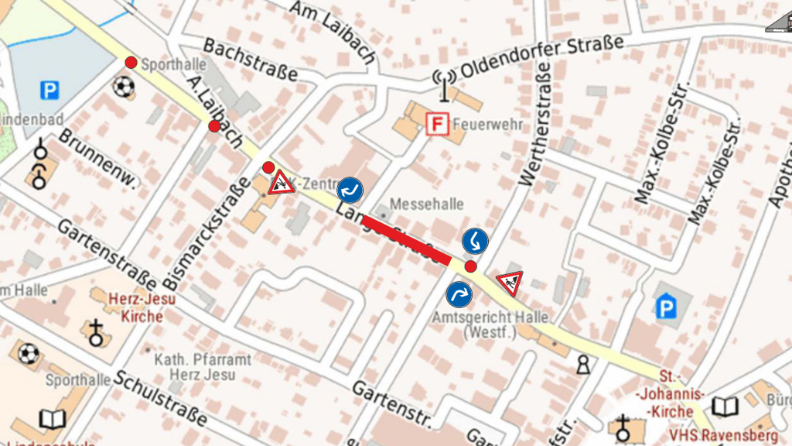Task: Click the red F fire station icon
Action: tap(438, 124)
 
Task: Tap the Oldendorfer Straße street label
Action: tap(541, 57)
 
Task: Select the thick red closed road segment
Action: tap(406, 240)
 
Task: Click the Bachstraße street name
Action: tap(251, 60)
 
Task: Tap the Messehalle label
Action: tap(427, 204)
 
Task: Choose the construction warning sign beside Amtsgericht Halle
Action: tap(509, 283)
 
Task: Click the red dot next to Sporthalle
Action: tap(131, 62)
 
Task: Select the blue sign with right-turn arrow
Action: tap(459, 294)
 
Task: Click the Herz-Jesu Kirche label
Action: tap(142, 307)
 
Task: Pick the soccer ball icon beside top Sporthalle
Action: tap(123, 87)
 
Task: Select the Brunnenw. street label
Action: tap(97, 159)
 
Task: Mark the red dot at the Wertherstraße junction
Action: tap(470, 266)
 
